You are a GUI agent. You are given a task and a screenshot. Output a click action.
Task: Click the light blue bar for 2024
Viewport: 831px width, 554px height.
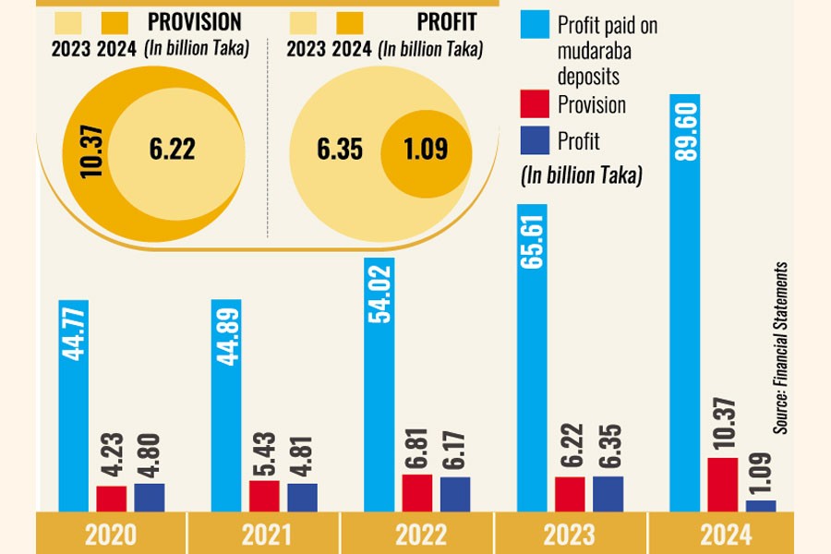(x=685, y=305)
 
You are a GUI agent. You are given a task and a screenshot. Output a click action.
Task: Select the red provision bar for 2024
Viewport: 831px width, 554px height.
(x=723, y=484)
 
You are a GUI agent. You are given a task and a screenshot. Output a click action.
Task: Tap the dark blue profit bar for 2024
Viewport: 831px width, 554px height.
(x=761, y=505)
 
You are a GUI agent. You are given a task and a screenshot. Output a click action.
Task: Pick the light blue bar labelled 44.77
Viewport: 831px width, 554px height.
(x=74, y=406)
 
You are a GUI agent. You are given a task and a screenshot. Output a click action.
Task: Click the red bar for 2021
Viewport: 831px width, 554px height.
(x=264, y=495)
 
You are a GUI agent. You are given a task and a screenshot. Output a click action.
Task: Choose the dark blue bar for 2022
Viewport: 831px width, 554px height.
(x=455, y=493)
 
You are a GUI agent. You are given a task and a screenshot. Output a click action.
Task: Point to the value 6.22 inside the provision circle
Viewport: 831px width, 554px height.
(x=173, y=149)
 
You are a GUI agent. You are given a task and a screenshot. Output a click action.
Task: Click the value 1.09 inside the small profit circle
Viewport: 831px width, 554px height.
(x=426, y=149)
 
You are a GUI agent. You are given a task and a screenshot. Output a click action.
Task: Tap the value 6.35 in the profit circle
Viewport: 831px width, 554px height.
(x=339, y=149)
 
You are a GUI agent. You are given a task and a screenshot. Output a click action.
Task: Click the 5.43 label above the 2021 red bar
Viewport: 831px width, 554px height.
(x=263, y=459)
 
